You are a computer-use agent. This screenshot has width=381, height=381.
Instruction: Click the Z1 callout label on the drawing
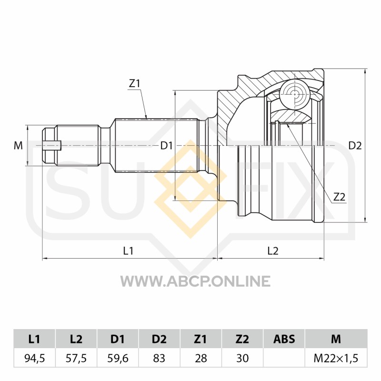[x=135, y=84]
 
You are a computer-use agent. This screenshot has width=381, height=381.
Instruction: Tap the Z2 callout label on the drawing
[x=339, y=197]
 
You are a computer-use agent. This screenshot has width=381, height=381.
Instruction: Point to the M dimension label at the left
[x=18, y=146]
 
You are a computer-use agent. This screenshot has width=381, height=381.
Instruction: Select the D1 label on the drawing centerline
[x=166, y=146]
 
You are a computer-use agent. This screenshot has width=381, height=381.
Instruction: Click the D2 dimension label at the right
[x=355, y=146]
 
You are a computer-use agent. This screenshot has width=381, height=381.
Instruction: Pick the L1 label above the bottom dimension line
[x=128, y=251]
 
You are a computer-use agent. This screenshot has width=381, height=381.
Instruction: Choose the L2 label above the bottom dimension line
[x=273, y=251]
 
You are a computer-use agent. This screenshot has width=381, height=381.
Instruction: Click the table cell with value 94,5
[x=35, y=358]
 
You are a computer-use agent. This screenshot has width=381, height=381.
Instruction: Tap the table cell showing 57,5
[x=76, y=358]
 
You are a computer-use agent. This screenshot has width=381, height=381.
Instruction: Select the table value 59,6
[x=118, y=358]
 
